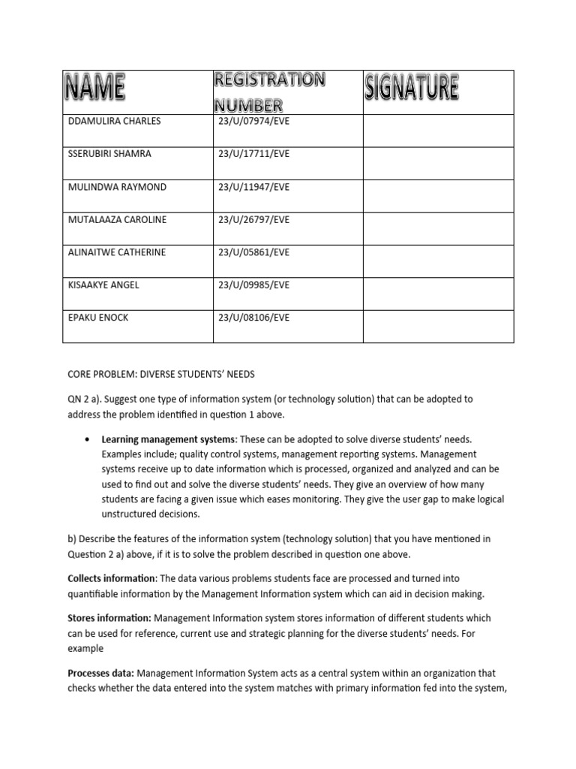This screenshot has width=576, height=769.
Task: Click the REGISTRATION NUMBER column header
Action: (269, 92)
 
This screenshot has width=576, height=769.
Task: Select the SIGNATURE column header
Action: (411, 89)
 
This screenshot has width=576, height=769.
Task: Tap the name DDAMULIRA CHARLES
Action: (114, 121)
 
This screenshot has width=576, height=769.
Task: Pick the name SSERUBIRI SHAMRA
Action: (109, 154)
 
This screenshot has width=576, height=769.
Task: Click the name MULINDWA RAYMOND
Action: (117, 186)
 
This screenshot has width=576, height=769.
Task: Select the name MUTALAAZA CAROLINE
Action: (117, 219)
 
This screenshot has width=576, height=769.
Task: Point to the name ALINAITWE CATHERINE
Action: (117, 252)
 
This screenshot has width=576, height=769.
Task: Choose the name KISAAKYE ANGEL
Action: (103, 285)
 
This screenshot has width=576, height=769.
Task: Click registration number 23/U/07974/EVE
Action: (253, 121)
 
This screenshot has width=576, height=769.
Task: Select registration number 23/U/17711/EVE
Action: (253, 154)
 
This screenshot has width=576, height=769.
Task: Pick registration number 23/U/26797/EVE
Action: (253, 219)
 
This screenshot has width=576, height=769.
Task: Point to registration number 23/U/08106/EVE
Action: (253, 318)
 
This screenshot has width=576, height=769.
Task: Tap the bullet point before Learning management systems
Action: (89, 439)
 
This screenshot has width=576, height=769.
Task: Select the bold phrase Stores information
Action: (109, 618)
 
